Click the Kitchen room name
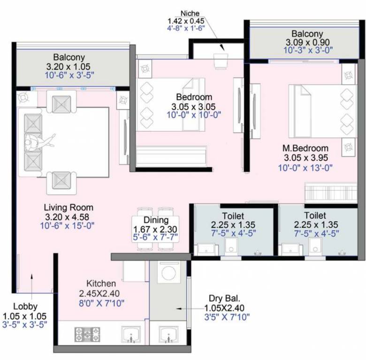pos(101,284)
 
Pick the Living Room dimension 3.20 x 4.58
pos(69,217)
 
